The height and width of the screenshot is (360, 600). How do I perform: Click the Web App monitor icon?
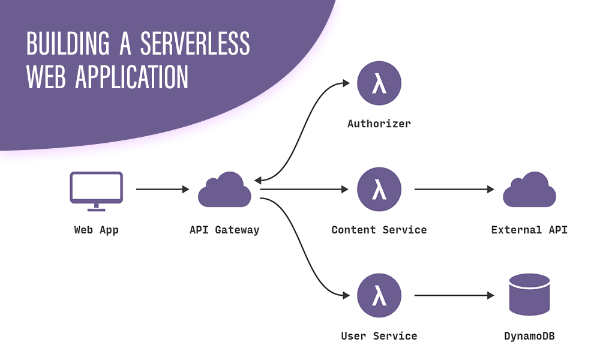tap(96, 190)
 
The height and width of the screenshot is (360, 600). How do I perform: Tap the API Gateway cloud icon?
tap(224, 190)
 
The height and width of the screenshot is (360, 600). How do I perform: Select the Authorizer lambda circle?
tap(379, 83)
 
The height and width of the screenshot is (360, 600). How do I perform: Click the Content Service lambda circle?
tap(379, 190)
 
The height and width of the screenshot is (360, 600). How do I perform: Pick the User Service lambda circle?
tap(379, 296)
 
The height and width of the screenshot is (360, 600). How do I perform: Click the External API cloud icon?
tap(529, 190)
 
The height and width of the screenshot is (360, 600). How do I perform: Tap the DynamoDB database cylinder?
tap(529, 295)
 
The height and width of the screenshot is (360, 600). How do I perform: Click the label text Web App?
tap(96, 230)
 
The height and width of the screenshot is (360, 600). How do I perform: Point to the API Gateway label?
tap(224, 230)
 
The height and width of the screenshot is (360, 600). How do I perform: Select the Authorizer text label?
tap(379, 124)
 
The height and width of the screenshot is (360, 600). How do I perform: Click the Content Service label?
tap(379, 230)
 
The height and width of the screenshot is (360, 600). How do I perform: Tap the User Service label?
tap(379, 336)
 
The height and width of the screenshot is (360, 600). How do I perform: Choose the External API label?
tap(529, 230)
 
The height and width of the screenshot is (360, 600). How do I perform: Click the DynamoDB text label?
tap(529, 336)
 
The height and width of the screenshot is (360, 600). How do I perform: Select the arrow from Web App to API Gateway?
tap(162, 190)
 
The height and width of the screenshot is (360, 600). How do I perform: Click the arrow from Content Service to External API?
tap(454, 190)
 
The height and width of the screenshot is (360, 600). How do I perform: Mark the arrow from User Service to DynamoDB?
tap(454, 296)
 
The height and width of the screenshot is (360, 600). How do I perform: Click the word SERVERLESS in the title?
tap(195, 44)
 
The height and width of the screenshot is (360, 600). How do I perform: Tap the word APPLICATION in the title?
tap(132, 77)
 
